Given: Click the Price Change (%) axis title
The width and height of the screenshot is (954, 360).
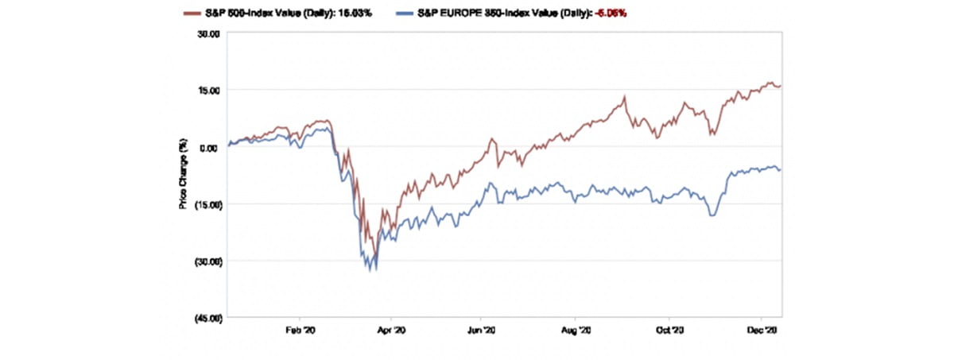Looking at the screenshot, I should click(183, 175).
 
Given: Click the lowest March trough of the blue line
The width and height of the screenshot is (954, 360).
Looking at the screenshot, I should click(374, 270).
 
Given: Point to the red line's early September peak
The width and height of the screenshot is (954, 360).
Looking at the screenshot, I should click(625, 97).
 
